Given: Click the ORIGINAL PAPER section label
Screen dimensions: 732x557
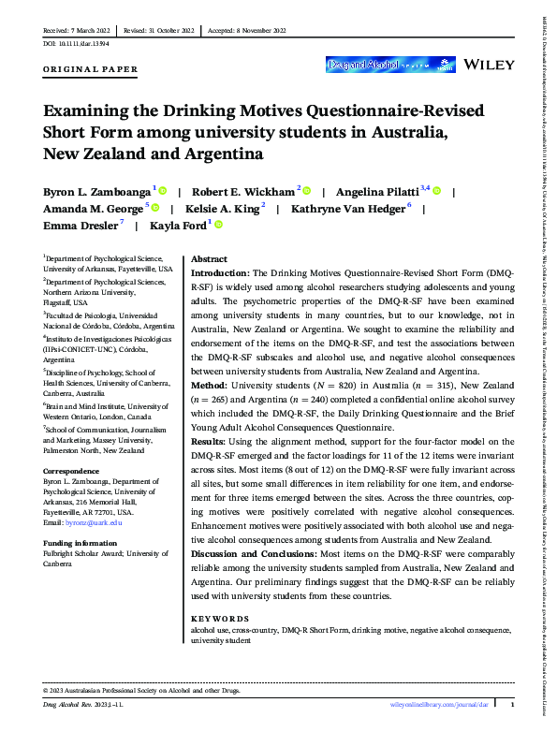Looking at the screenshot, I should pos(91,69).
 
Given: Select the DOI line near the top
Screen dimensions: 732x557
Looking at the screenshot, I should pos(76,43).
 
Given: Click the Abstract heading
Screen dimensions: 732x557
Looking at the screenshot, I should pos(210,258).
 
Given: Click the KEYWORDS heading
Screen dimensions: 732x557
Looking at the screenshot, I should pos(220,619).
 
